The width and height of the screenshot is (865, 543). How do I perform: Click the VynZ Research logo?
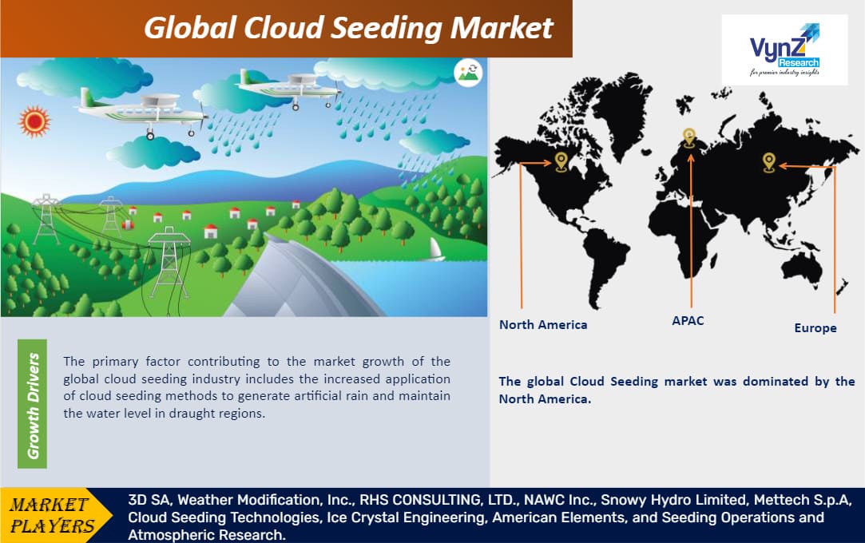tap(784, 50)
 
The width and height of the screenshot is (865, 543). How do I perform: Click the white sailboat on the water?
tap(436, 250)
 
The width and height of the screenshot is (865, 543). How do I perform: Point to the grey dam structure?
tap(304, 283)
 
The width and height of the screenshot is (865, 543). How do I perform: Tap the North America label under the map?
tap(542, 325)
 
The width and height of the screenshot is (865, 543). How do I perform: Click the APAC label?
tap(688, 320)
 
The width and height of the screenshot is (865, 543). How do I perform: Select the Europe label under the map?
tap(815, 328)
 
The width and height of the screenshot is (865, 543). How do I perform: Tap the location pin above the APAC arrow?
tap(689, 137)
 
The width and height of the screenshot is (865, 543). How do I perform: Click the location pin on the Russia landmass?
tap(768, 162)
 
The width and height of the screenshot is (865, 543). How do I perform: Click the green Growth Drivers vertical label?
tap(34, 405)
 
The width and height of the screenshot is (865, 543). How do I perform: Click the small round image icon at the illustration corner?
tap(469, 73)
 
